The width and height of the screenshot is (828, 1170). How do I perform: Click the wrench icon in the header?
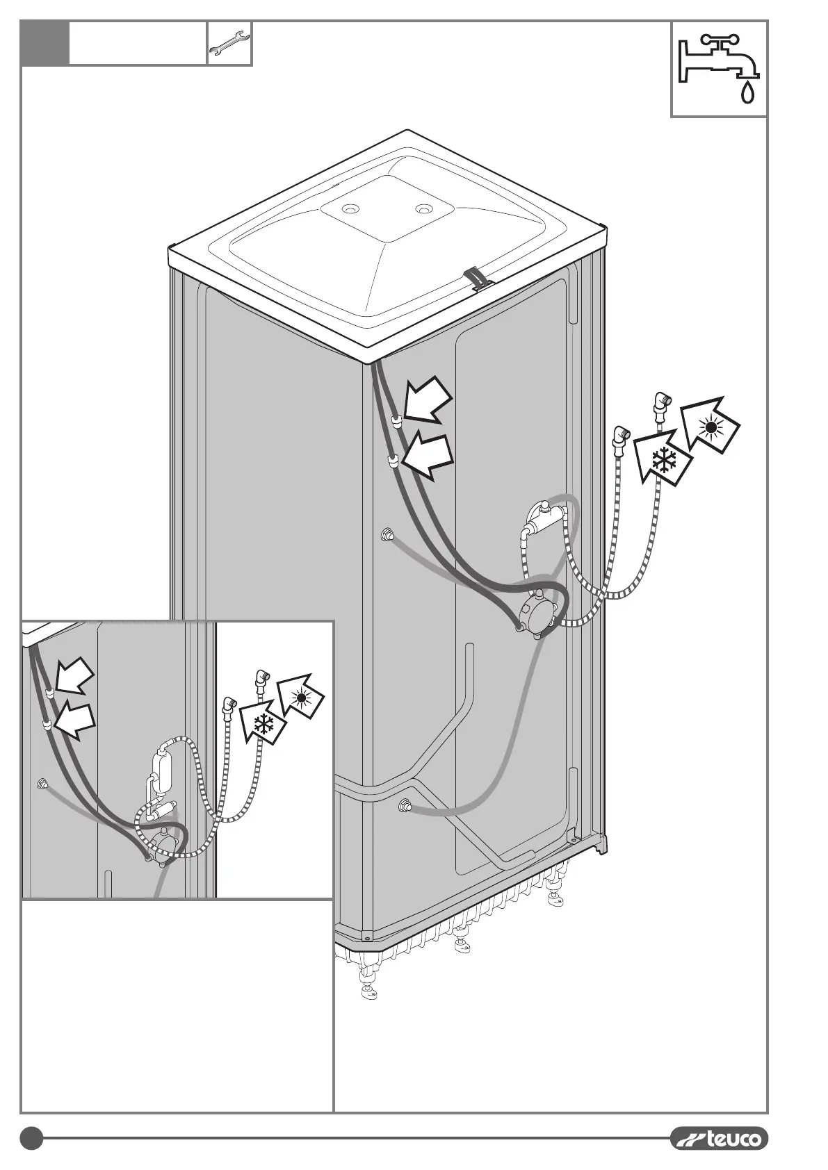(x=229, y=43)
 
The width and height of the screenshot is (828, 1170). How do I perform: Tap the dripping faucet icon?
(x=720, y=68)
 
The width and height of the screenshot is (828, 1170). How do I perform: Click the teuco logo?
(x=720, y=1138)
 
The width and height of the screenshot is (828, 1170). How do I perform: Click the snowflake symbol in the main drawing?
(x=665, y=461)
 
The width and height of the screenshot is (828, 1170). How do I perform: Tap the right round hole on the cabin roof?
(x=423, y=208)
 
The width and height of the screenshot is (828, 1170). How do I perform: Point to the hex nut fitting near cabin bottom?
(x=403, y=806)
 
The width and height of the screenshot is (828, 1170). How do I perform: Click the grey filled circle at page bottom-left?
(x=31, y=1138)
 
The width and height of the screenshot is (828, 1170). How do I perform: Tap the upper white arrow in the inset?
(x=74, y=678)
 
